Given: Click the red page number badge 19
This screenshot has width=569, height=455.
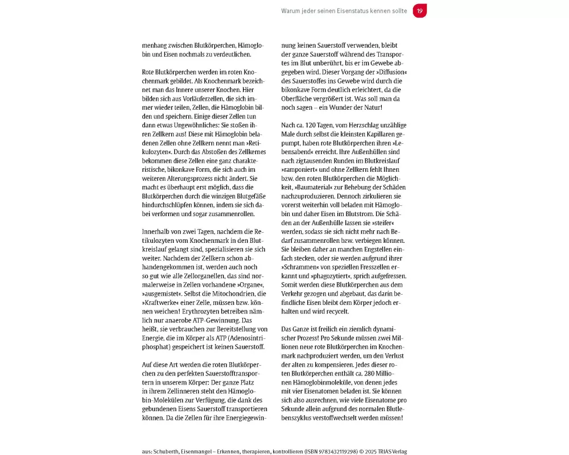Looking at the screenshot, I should point(419,11).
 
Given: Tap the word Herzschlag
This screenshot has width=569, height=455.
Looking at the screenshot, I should point(363,125).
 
